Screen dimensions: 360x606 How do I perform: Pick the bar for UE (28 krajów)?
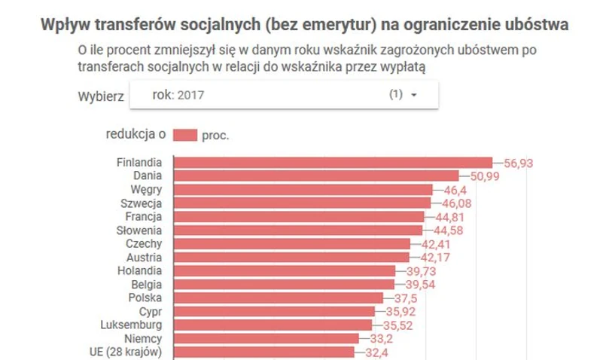tap(264, 352)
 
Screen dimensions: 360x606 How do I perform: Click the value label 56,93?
tap(518, 163)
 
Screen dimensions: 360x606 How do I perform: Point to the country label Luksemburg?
tap(132, 325)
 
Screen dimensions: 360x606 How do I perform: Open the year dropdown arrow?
tap(414, 96)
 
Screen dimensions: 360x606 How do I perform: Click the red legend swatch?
tap(184, 135)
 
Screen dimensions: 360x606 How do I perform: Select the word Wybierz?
tap(100, 96)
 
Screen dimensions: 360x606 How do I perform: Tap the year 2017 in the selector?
tap(190, 96)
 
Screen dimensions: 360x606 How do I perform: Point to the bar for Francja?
tap(299, 217)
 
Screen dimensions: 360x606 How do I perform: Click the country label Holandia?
tap(141, 270)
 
